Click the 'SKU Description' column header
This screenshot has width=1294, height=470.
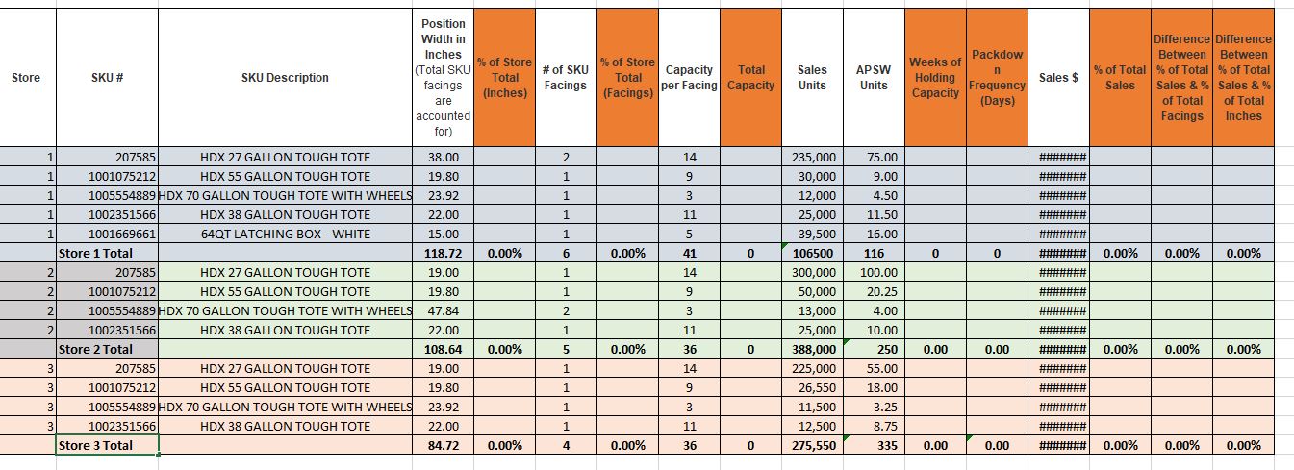(x=285, y=78)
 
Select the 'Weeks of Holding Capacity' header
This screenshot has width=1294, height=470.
(x=935, y=78)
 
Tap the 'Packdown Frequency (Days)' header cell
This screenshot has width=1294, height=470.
(x=997, y=78)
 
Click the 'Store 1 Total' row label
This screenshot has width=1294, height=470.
(x=95, y=254)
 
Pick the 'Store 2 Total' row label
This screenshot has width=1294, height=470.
(x=95, y=350)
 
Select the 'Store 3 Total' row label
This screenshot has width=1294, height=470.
(x=95, y=446)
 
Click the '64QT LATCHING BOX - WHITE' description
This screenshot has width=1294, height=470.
(x=285, y=235)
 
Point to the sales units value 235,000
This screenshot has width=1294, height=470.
(x=813, y=158)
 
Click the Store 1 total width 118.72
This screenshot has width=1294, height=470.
(x=443, y=254)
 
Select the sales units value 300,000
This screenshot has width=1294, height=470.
(x=813, y=273)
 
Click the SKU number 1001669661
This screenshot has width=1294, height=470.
(x=122, y=235)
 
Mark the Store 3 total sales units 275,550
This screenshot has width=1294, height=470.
(x=813, y=446)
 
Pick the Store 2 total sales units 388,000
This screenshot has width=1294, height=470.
(x=813, y=350)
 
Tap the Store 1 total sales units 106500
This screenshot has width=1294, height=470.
(x=813, y=254)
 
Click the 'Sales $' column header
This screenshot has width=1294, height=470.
(x=1058, y=78)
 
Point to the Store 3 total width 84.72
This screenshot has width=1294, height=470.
(x=443, y=446)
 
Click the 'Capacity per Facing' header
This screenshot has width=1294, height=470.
(x=690, y=78)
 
